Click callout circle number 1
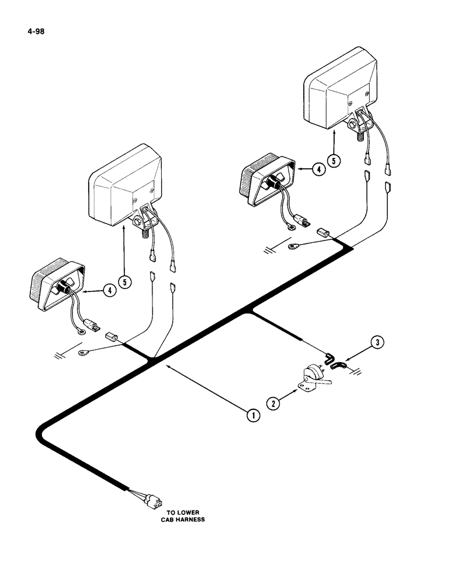click(252, 415)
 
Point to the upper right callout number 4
click(318, 170)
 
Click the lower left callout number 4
click(107, 290)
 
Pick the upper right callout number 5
click(333, 159)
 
